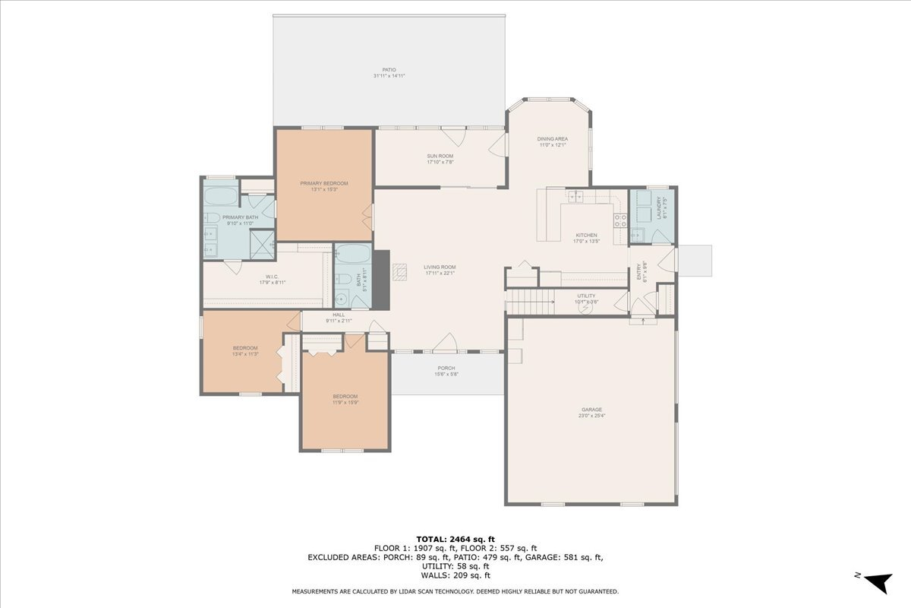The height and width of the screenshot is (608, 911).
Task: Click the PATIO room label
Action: click(x=389, y=70)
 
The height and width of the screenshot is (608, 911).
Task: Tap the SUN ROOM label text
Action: click(x=440, y=156)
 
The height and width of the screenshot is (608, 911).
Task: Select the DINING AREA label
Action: click(x=553, y=138)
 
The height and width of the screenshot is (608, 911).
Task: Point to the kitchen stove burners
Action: click(x=619, y=220)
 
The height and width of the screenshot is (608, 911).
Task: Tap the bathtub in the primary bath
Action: click(x=221, y=196)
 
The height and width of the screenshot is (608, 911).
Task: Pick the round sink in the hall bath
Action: click(x=341, y=298)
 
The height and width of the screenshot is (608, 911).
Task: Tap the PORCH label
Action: click(x=446, y=368)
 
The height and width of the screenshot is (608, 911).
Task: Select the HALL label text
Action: click(x=339, y=315)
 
